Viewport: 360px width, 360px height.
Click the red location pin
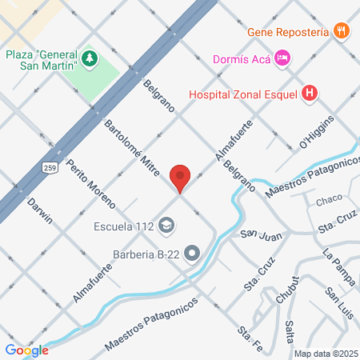pos(181,177)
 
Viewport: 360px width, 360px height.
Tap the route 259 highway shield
pos(50,166)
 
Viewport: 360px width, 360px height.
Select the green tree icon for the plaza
pos(89,59)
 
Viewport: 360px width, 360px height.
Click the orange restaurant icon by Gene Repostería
pos(342,32)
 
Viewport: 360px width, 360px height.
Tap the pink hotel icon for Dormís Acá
pos(282,58)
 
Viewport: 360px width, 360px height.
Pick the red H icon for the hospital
pos(310,94)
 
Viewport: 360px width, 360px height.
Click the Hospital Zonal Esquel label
pos(243,94)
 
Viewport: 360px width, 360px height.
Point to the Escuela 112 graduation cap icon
pos(166,224)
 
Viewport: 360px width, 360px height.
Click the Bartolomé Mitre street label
pos(133,148)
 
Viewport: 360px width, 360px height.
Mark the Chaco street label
pos(329,200)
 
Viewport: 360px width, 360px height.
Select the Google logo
pos(26,349)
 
